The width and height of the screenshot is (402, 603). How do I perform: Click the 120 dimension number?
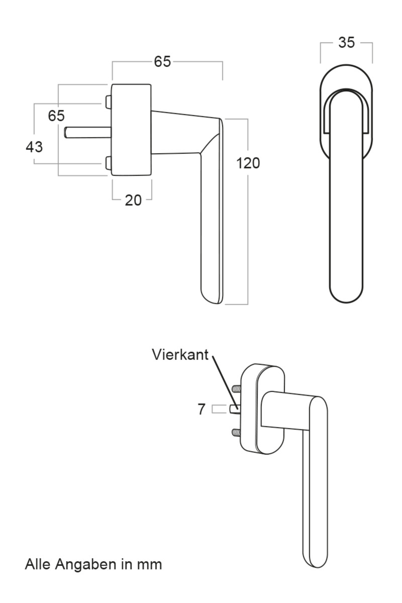(x=249, y=163)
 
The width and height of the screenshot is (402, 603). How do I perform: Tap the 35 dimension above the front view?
(x=346, y=43)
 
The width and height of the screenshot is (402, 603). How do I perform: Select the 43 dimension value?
(x=34, y=147)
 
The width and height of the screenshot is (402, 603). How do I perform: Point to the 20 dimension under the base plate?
(x=133, y=200)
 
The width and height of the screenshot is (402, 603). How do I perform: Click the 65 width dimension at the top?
(x=162, y=62)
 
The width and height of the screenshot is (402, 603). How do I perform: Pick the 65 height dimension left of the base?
(x=56, y=116)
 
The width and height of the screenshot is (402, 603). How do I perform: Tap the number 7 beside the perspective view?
(x=201, y=410)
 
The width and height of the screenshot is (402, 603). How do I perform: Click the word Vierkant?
(x=180, y=355)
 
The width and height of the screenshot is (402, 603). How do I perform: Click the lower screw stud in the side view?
(x=109, y=162)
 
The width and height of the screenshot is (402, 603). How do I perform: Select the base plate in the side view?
(x=131, y=130)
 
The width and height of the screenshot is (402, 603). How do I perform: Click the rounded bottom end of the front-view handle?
(x=346, y=294)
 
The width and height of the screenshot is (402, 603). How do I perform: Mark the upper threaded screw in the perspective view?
(x=236, y=389)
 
